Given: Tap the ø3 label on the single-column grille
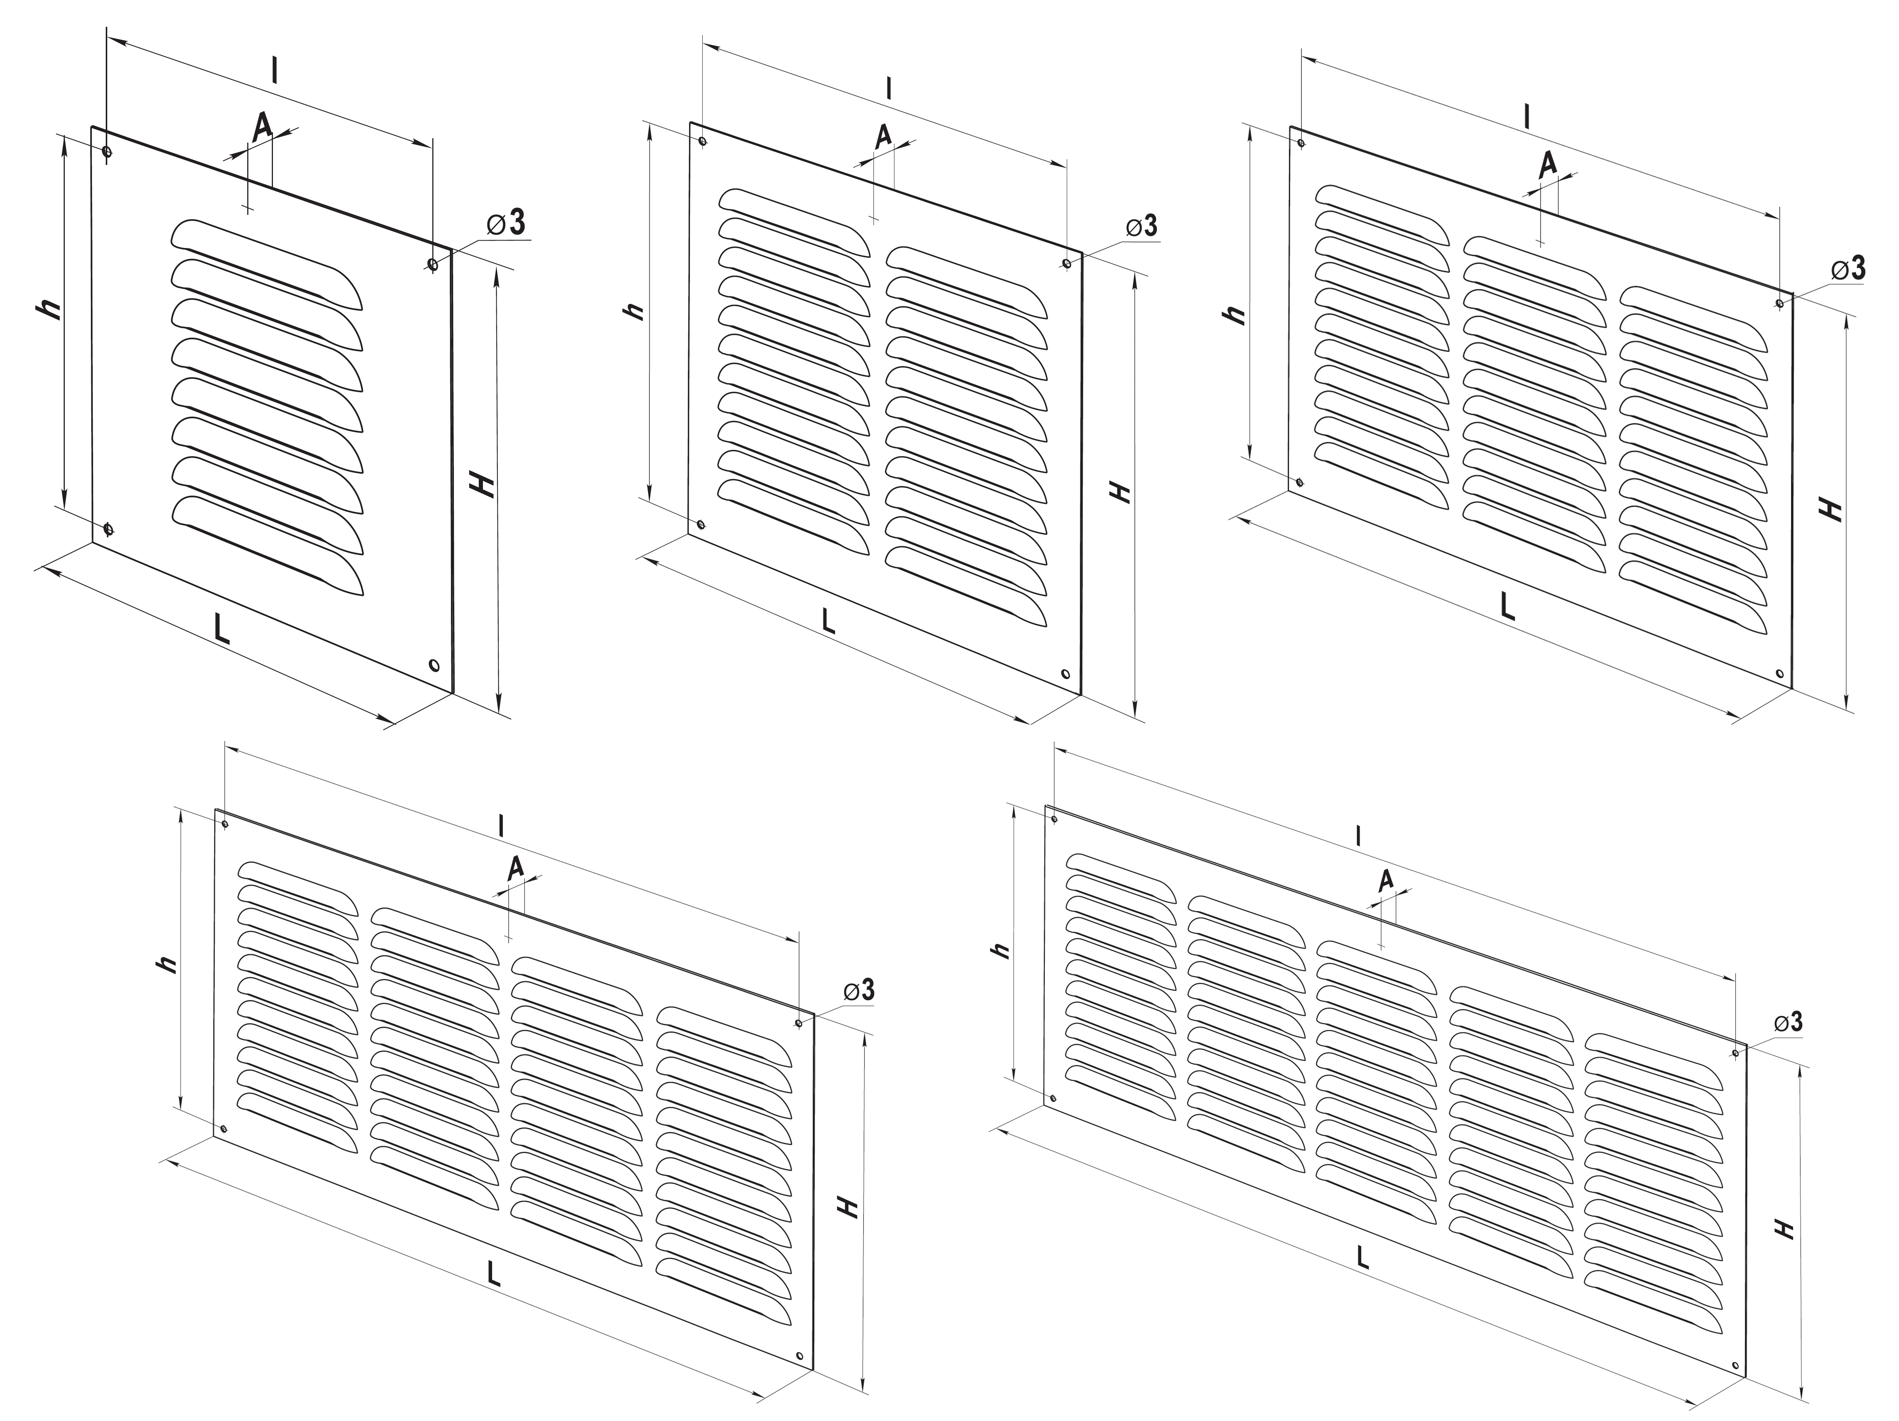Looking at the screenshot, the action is [506, 222].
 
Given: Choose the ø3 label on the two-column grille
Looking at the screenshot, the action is [1141, 226].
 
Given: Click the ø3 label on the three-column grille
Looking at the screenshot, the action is [1848, 269].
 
